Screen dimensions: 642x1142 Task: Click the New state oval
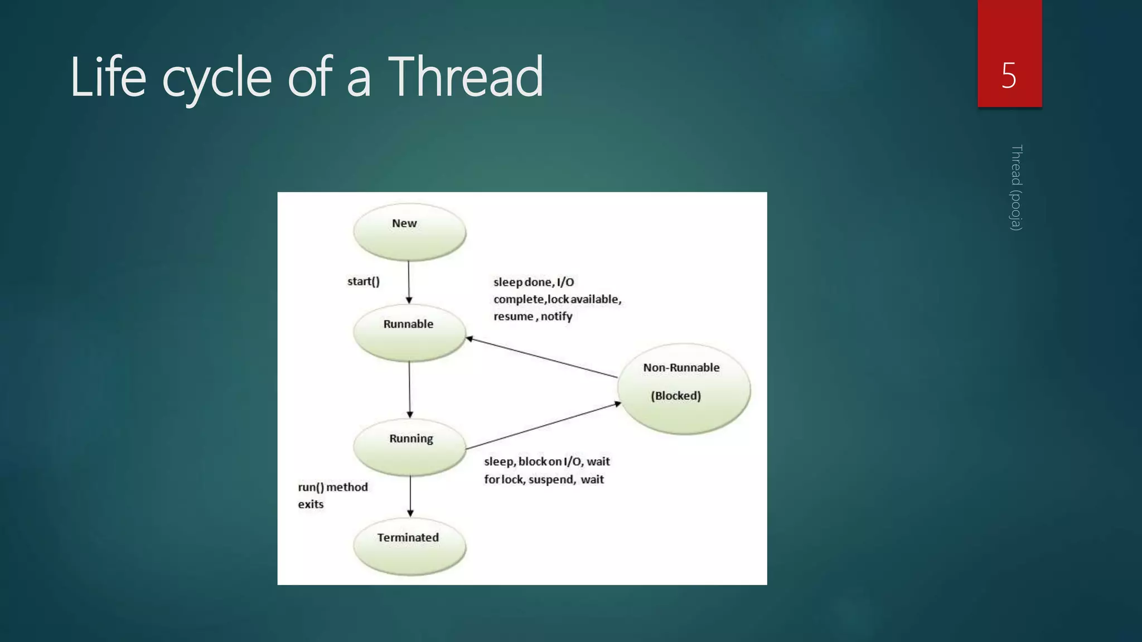pyautogui.click(x=409, y=232)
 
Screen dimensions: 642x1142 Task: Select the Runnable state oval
pyautogui.click(x=409, y=333)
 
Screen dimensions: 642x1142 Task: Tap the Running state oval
pyautogui.click(x=409, y=447)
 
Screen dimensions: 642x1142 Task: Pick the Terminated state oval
pyautogui.click(x=409, y=547)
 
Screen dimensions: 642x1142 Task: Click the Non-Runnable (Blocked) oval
pyautogui.click(x=684, y=388)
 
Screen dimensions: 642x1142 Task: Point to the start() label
pyautogui.click(x=363, y=281)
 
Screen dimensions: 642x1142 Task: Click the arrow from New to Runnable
pyautogui.click(x=409, y=282)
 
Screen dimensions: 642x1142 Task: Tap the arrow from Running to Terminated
pyautogui.click(x=410, y=495)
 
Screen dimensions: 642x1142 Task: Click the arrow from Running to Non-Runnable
pyautogui.click(x=544, y=425)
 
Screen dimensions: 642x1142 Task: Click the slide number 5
pyautogui.click(x=1009, y=75)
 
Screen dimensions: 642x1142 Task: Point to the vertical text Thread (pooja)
pyautogui.click(x=1017, y=187)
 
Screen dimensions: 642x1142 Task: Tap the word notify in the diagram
pyautogui.click(x=557, y=317)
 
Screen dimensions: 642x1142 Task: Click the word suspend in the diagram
pyautogui.click(x=551, y=479)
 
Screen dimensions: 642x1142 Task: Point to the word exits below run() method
pyautogui.click(x=311, y=504)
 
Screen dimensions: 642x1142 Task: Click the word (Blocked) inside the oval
pyautogui.click(x=676, y=396)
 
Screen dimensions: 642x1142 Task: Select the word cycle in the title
pyautogui.click(x=217, y=78)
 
